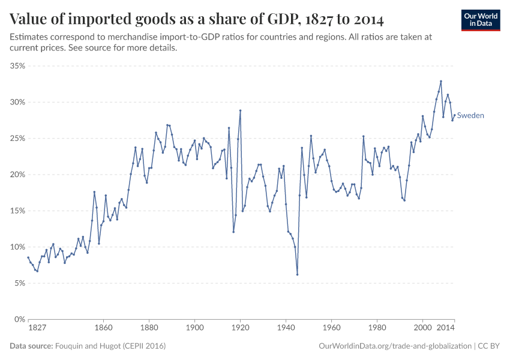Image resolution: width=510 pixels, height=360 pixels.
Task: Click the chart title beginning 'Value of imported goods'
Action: coord(197,19)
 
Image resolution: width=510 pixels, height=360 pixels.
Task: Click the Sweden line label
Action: coord(470,116)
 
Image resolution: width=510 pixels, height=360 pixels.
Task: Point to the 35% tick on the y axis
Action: coord(17,66)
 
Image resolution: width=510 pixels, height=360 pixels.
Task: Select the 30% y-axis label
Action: coord(17,102)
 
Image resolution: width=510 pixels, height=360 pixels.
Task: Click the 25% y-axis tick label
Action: coord(17,139)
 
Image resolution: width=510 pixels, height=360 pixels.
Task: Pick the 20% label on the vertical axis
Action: coord(17,175)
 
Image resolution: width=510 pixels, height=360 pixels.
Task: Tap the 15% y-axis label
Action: coord(17,211)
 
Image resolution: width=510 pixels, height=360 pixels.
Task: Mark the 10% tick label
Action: coord(17,247)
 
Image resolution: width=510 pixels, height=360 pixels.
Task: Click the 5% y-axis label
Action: coord(19,283)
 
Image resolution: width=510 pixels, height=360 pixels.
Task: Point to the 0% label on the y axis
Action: coord(19,319)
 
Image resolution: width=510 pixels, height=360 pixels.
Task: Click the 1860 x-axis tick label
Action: coord(103,328)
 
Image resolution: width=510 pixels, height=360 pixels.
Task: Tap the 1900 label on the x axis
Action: coord(194,328)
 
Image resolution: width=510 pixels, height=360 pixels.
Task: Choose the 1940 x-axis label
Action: coord(286,328)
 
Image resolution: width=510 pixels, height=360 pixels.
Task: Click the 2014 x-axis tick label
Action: coord(445,328)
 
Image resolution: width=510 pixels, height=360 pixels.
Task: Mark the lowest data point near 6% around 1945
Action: coord(297,275)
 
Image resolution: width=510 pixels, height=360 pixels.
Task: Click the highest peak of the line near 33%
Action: coord(441,81)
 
